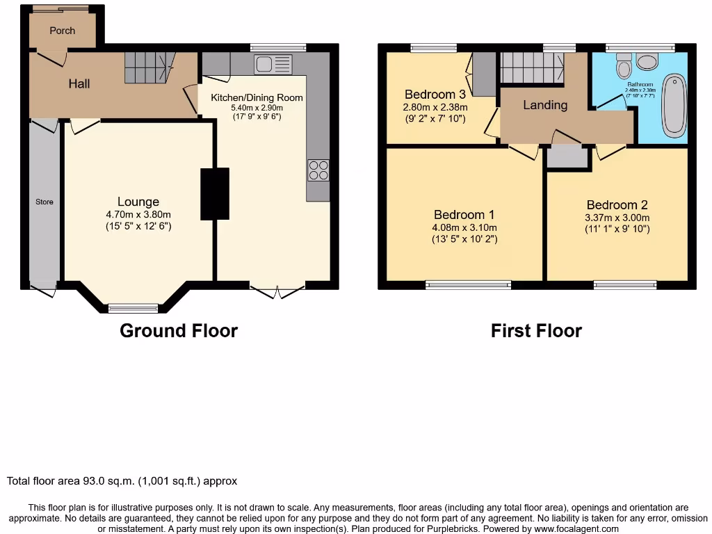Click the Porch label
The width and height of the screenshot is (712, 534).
point(62,31)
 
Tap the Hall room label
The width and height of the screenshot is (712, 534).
point(79,84)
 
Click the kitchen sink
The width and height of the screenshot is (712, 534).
point(273,65)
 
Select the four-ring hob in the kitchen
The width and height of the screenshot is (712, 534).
point(318,170)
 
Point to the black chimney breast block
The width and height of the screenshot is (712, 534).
point(215,194)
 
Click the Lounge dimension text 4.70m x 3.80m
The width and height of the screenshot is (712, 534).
point(138,215)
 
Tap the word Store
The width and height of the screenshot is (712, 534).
point(44,202)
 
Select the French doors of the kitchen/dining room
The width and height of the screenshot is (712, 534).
point(277,290)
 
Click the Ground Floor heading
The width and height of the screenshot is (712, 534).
point(179,331)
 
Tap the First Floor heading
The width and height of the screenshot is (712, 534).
point(536,331)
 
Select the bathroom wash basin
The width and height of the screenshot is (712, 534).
point(647,63)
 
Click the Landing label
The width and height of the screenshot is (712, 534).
point(545,105)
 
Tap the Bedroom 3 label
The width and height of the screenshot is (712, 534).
point(435,95)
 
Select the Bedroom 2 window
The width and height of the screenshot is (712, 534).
point(624,284)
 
